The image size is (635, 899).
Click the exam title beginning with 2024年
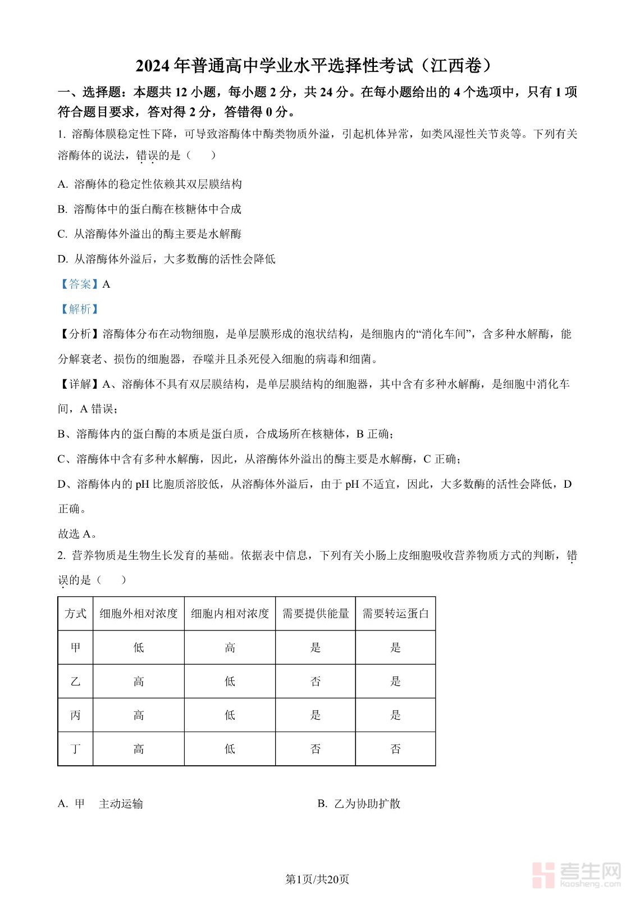coord(317,66)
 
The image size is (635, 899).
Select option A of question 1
coord(150,184)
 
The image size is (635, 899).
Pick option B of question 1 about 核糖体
coord(150,209)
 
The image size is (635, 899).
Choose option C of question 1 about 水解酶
coord(150,234)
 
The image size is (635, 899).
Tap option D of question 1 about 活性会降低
coord(167,259)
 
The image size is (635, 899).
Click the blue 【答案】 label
coord(80,284)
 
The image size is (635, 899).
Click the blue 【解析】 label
coord(80,309)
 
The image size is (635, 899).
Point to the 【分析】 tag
coord(80,334)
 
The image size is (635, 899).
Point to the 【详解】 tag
coord(80,384)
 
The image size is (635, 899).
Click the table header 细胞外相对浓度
coord(139,614)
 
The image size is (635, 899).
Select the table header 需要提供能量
coord(316,614)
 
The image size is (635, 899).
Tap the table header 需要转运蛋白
coord(395,614)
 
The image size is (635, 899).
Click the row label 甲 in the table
coord(75,648)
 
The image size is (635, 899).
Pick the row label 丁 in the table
coord(75,749)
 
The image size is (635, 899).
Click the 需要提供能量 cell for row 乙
coord(316,682)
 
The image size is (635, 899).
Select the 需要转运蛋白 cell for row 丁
coord(395,749)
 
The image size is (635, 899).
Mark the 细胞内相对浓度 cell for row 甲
coord(230,648)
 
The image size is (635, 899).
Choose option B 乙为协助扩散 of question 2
coord(359,804)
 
